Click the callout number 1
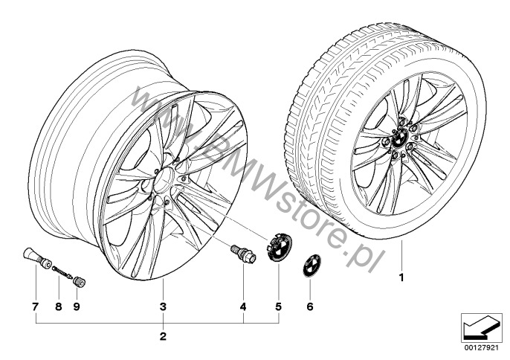pos(401,277)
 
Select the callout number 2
pos(163,336)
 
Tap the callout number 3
pos(163,306)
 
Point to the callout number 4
pos(243,306)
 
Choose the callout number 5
pos(278,306)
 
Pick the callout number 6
pos(309,306)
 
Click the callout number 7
pos(35,306)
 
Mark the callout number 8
pos(59,306)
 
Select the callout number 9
pos(77,306)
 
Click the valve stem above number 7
pos(36,257)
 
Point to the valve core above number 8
pos(62,272)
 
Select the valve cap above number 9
pos(80,281)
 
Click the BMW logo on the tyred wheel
pos(400,139)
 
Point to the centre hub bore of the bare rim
pos(164,179)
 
